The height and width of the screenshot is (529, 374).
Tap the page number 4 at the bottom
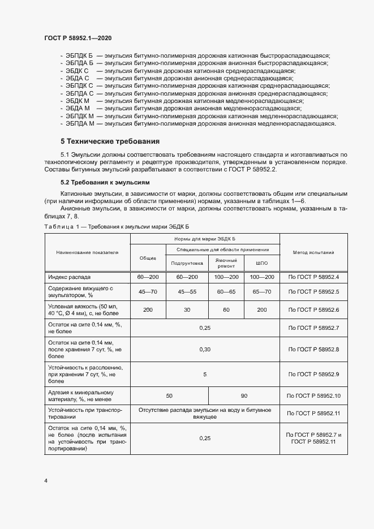[x=46, y=480]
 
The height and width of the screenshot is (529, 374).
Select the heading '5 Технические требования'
[x=110, y=141]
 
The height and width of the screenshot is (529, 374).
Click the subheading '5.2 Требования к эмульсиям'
[x=105, y=183]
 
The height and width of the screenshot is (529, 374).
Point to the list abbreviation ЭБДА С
[x=78, y=78]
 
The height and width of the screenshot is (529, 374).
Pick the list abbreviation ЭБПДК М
[x=80, y=115]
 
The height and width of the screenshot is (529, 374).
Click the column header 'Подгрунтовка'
[x=187, y=264]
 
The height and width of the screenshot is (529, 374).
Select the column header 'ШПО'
[x=261, y=264]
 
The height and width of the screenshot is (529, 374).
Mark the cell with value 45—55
[x=187, y=292]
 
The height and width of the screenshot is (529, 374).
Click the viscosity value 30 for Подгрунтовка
[x=187, y=310]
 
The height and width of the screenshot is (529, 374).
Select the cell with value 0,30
[x=205, y=350]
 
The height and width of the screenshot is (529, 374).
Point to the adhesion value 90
[x=244, y=395]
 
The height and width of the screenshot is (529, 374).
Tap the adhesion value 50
[x=169, y=395]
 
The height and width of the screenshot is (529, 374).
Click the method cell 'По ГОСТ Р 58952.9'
[x=314, y=375]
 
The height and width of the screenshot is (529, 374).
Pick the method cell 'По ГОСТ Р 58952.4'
[x=314, y=277]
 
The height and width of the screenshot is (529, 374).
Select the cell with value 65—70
[x=261, y=292]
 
